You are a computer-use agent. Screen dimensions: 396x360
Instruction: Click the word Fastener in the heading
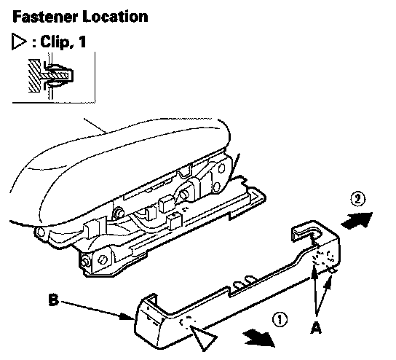pos(45,17)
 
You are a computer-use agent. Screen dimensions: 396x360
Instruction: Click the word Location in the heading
pos(115,17)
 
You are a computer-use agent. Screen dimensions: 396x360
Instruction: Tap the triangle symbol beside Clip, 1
pos(19,42)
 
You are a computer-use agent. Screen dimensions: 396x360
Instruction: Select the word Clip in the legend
pos(54,42)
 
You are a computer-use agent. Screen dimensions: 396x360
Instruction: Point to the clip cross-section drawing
pos(50,76)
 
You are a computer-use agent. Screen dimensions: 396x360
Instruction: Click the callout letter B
pos(53,300)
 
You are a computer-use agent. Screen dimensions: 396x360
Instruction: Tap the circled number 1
pos(280,319)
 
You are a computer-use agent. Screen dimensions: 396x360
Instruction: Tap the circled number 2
pos(358,199)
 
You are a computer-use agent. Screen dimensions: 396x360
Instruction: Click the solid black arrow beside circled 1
pos(259,338)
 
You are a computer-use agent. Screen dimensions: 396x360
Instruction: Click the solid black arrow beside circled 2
pos(357,221)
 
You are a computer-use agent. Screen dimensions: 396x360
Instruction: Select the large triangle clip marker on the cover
pos(203,337)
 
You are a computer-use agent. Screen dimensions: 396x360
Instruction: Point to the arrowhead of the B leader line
pos(127,317)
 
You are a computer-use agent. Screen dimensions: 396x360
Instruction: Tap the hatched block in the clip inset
pos(34,76)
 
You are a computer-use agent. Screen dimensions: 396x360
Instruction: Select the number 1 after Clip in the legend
pos(82,42)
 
